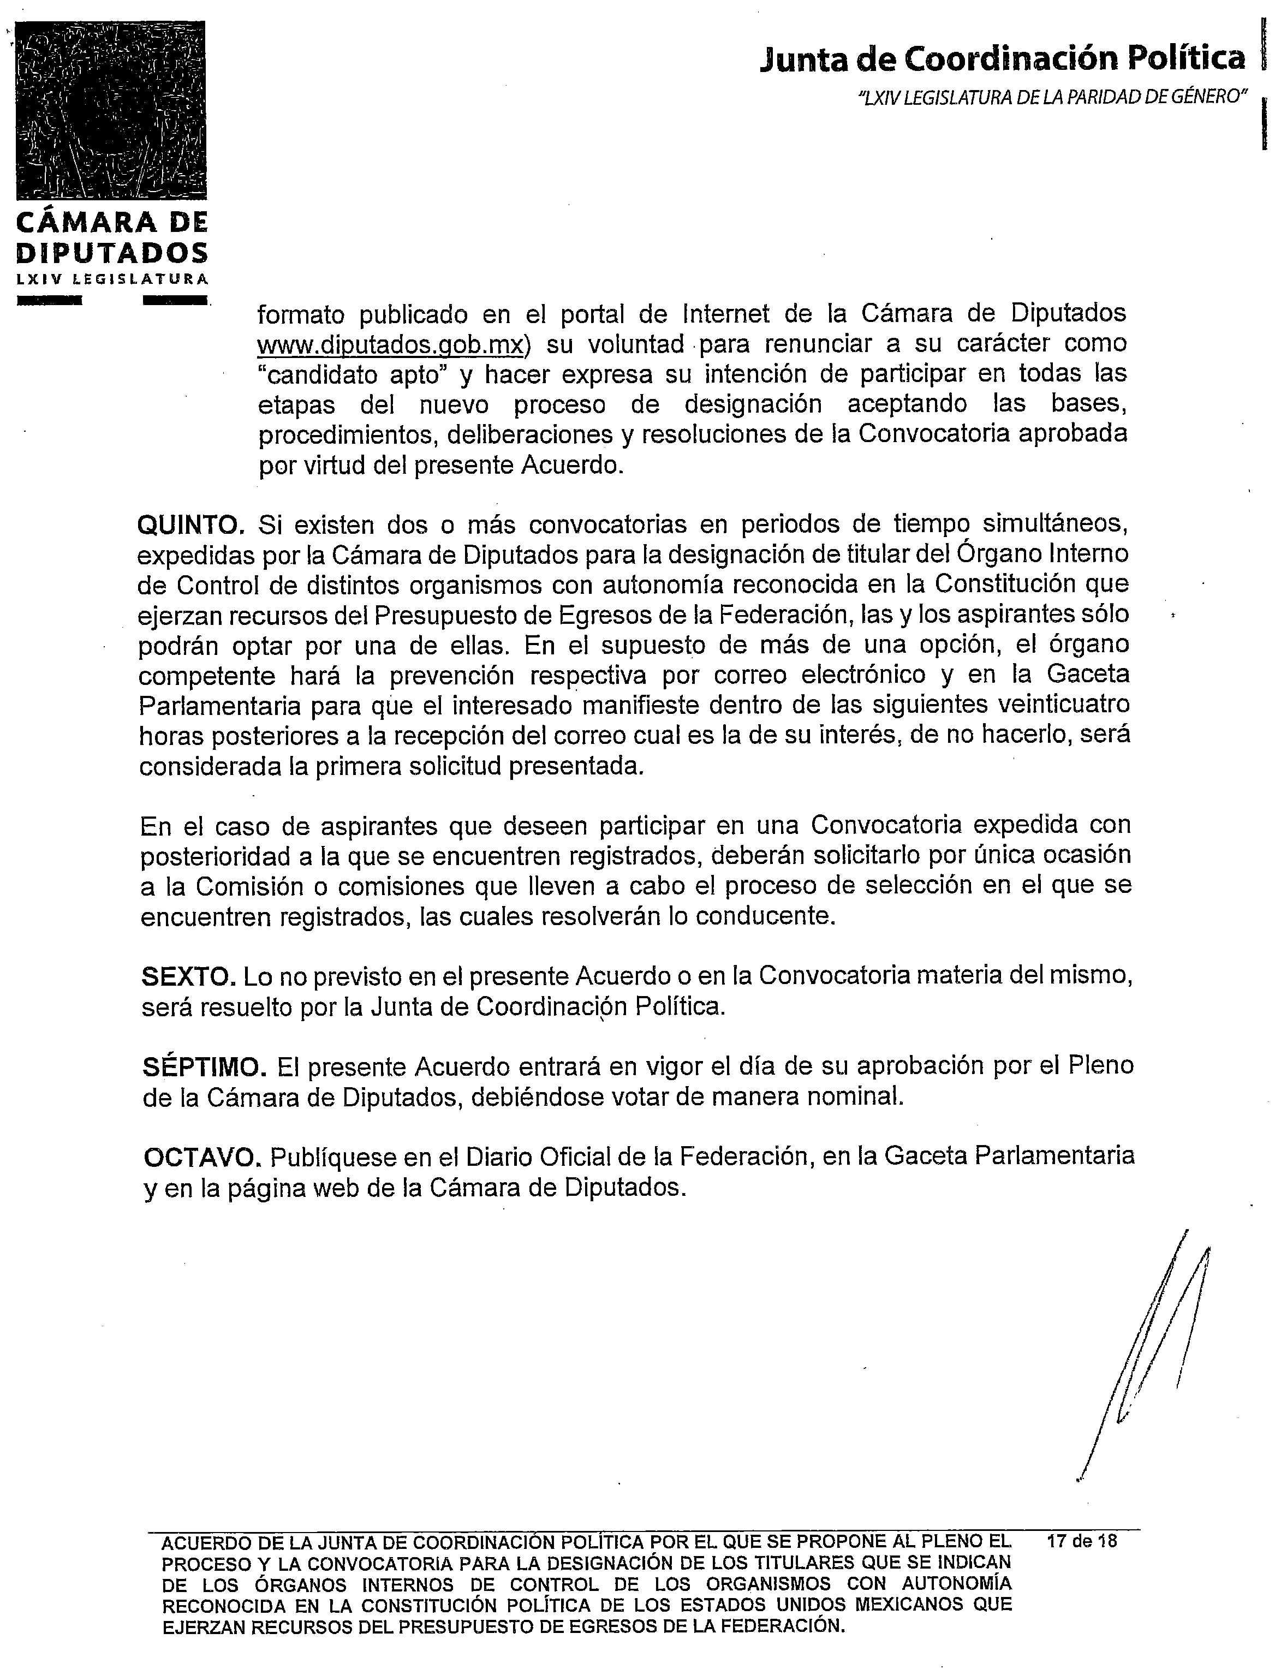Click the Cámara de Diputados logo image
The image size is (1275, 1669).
(x=111, y=111)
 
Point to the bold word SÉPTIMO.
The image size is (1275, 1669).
(x=204, y=1067)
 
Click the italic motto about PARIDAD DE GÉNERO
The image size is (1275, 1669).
(x=1052, y=97)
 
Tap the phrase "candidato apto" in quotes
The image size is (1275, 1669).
(x=350, y=375)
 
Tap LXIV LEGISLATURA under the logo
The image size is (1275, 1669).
(x=111, y=278)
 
